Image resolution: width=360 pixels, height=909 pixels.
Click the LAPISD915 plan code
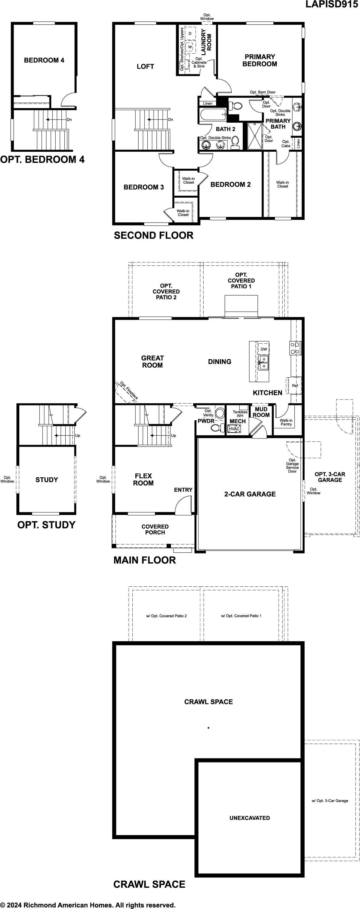click(332, 4)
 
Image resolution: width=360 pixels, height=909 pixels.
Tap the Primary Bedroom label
click(260, 60)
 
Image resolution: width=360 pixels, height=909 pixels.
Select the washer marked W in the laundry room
click(190, 47)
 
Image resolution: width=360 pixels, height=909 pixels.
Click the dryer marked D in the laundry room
click(190, 33)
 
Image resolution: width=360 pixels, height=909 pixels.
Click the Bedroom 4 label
click(44, 60)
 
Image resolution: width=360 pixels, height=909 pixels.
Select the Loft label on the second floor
click(145, 66)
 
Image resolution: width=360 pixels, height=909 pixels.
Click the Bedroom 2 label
click(231, 185)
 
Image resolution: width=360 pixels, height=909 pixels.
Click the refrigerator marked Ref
click(295, 386)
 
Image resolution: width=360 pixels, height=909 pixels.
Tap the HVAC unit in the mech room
click(234, 429)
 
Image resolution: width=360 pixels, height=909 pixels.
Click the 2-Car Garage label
click(250, 494)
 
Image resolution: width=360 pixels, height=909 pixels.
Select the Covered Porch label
click(155, 529)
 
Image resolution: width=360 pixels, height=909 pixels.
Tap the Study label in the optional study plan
click(47, 480)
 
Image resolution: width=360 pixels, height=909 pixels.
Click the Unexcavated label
click(250, 818)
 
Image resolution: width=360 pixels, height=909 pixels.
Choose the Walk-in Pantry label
click(286, 422)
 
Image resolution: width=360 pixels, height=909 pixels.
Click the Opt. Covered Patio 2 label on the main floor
click(166, 291)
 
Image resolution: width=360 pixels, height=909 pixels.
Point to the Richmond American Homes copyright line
click(88, 905)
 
